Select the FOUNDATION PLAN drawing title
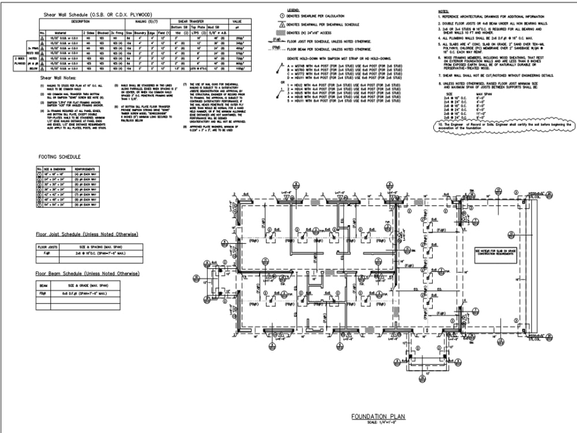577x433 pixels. pos(379,416)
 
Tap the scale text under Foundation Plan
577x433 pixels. pos(379,423)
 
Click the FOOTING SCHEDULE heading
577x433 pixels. pos(59,156)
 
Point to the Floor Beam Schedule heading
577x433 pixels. pos(87,273)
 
